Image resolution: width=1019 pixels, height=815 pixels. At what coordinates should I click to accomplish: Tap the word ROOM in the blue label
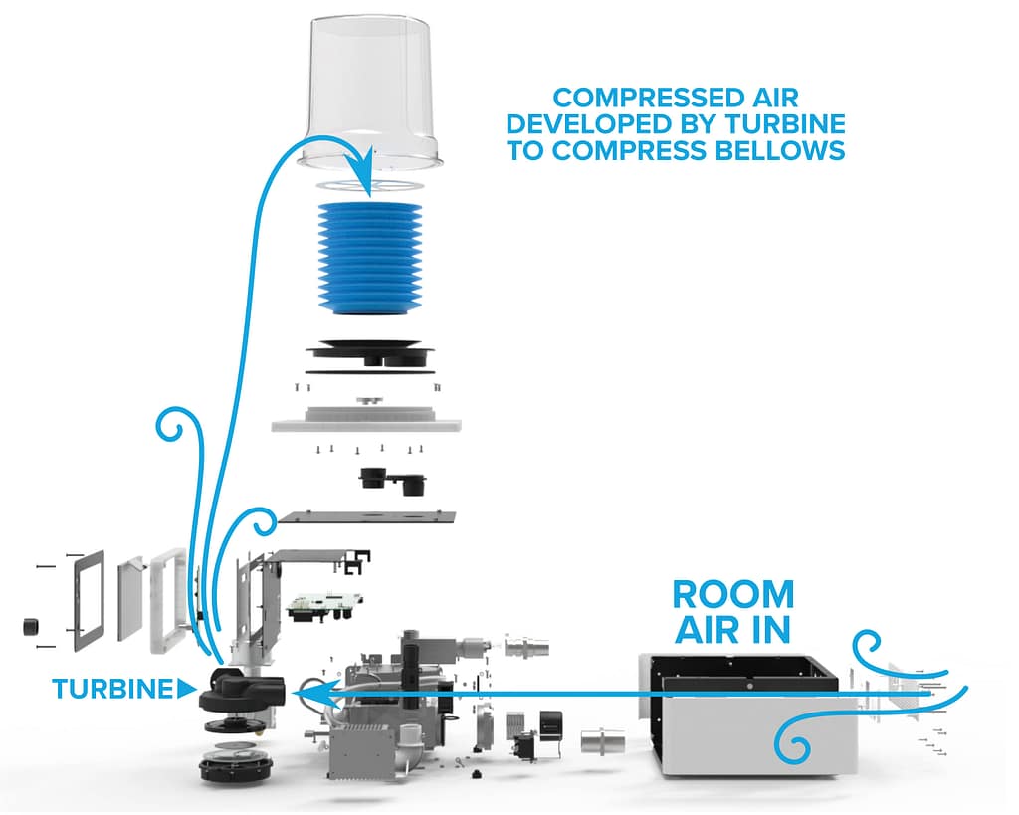click(x=732, y=594)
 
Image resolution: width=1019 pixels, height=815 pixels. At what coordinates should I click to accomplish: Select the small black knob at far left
click(x=30, y=627)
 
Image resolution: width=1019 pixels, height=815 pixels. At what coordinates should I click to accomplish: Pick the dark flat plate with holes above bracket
click(x=367, y=517)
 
